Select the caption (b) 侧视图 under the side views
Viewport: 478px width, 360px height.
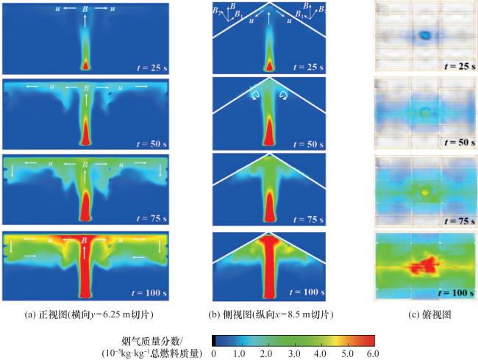(x=271, y=314)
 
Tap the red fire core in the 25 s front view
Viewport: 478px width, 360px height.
(x=86, y=65)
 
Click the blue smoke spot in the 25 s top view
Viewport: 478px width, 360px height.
(x=424, y=35)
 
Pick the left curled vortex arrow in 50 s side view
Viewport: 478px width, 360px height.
(x=255, y=96)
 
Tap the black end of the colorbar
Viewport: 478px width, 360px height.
(x=214, y=339)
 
